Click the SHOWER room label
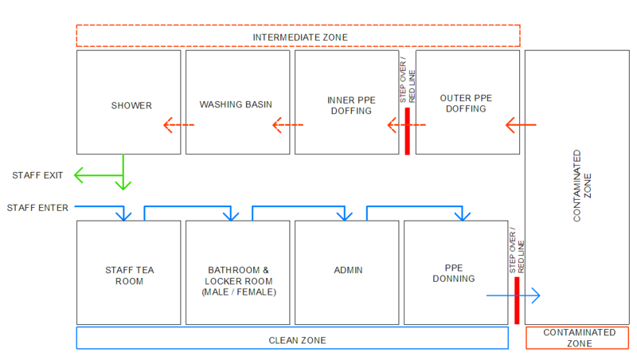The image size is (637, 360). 131,105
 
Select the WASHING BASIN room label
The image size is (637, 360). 236,105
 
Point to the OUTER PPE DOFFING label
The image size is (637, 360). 466,104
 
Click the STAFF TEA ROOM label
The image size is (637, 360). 129,276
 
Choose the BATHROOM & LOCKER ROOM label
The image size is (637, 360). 238,281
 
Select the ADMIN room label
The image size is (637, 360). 348,270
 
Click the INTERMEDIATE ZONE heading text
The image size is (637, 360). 299,37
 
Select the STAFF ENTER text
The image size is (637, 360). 37,208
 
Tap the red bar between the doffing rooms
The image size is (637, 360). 407,131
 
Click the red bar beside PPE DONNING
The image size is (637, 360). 517,300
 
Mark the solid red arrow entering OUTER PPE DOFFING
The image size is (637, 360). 522,125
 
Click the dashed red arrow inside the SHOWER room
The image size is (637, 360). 178,125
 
